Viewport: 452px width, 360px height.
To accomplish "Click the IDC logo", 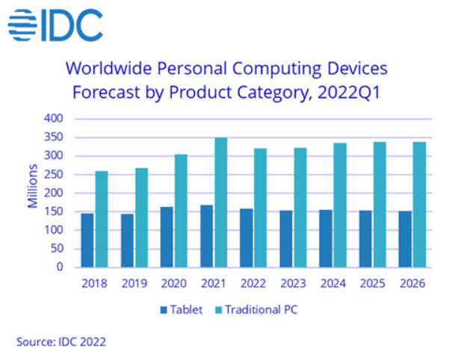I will (55, 24).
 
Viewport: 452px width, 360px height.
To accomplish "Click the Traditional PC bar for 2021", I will (220, 202).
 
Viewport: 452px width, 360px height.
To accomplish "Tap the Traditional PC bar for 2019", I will (141, 217).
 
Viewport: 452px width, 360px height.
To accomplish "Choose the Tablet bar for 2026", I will (404, 239).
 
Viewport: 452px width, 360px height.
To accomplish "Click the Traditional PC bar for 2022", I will (260, 208).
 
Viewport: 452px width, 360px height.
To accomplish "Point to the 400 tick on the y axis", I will (54, 119).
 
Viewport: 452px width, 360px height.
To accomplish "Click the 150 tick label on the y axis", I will (54, 212).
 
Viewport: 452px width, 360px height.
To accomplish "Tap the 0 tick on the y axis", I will (60, 267).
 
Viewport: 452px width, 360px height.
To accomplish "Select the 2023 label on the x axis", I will (293, 283).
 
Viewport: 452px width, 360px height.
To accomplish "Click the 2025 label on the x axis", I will (373, 283).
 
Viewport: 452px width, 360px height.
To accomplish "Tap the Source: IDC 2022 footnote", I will (61, 341).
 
